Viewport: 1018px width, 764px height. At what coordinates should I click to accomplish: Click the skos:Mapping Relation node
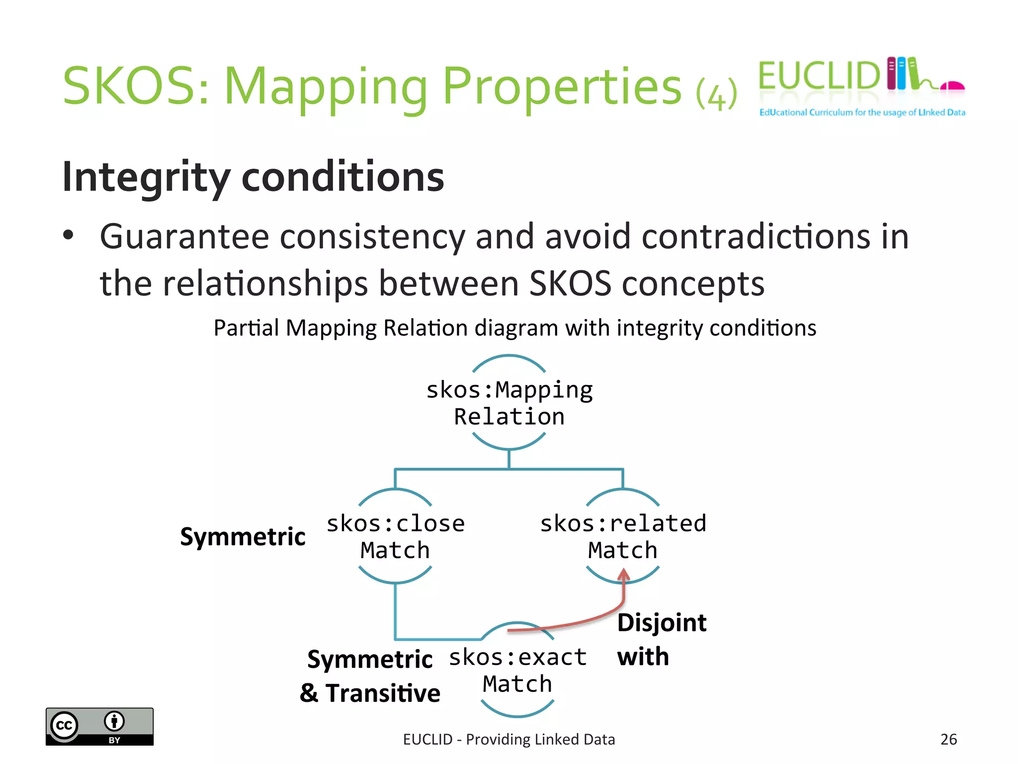(509, 403)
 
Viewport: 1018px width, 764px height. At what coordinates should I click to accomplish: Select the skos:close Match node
(395, 537)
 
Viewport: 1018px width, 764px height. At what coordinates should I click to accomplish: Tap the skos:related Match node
(623, 537)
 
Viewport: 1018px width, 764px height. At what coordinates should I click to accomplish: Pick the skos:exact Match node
(517, 670)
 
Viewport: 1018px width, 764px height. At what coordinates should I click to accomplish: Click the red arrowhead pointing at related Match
(624, 576)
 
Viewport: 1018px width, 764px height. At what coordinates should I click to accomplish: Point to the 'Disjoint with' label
(661, 640)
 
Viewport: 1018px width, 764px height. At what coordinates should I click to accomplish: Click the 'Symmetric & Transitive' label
(370, 676)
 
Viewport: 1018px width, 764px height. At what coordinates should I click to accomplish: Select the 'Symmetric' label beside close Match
(243, 537)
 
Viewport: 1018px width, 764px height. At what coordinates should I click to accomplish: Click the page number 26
(948, 739)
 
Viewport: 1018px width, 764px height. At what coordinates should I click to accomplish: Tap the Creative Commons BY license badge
(99, 726)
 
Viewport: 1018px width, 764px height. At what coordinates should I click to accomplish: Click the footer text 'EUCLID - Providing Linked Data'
(509, 740)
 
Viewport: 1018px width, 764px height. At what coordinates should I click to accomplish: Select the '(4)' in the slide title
(716, 95)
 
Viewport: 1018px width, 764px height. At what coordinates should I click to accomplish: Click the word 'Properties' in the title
(562, 87)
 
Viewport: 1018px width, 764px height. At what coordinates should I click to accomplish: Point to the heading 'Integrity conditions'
(253, 177)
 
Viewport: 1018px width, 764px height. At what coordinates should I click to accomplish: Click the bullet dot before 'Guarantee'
(68, 235)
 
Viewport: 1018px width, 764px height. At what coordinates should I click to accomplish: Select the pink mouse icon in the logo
(952, 86)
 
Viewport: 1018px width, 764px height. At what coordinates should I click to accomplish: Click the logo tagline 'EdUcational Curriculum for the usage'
(862, 112)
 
